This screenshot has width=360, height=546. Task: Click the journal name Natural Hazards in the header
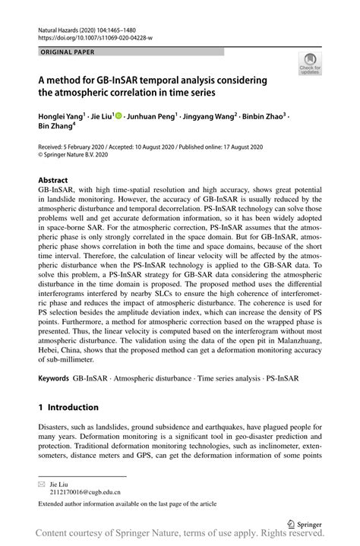click(62, 24)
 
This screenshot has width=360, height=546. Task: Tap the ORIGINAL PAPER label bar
click(129, 51)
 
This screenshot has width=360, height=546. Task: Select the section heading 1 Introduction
click(68, 407)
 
